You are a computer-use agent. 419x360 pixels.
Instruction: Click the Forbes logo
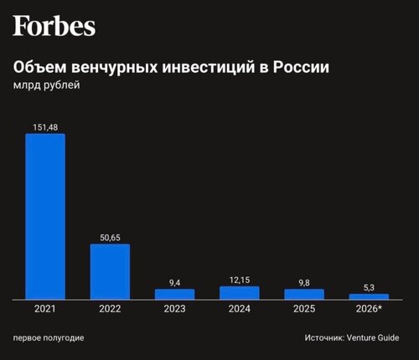pyautogui.click(x=54, y=26)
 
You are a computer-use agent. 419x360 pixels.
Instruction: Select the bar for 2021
pyautogui.click(x=45, y=217)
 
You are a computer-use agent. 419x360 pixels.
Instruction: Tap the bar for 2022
pyautogui.click(x=110, y=272)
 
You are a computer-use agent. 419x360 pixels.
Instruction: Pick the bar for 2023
pyautogui.click(x=175, y=295)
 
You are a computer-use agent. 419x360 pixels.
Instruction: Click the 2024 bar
pyautogui.click(x=240, y=293)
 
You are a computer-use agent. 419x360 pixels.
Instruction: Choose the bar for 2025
pyautogui.click(x=304, y=295)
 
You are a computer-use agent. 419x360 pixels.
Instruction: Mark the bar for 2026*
pyautogui.click(x=369, y=296)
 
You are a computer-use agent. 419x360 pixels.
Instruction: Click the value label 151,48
pyautogui.click(x=45, y=127)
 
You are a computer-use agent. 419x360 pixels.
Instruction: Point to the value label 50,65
pyautogui.click(x=110, y=238)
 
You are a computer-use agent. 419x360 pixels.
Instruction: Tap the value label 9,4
pyautogui.click(x=175, y=283)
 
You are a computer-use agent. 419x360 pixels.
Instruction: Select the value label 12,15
pyautogui.click(x=240, y=280)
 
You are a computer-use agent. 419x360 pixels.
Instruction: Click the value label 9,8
pyautogui.click(x=304, y=283)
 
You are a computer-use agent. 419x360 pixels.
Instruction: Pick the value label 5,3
pyautogui.click(x=369, y=287)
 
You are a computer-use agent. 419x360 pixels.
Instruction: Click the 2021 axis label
pyautogui.click(x=45, y=309)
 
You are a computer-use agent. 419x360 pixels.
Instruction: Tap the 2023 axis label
pyautogui.click(x=174, y=309)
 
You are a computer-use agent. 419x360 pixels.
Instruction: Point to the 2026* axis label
pyautogui.click(x=369, y=309)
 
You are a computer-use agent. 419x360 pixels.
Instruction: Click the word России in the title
pyautogui.click(x=301, y=67)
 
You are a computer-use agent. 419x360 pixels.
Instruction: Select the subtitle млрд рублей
pyautogui.click(x=47, y=85)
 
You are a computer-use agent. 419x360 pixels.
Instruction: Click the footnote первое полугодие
pyautogui.click(x=49, y=338)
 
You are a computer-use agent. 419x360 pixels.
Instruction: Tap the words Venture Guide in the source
pyautogui.click(x=373, y=337)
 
